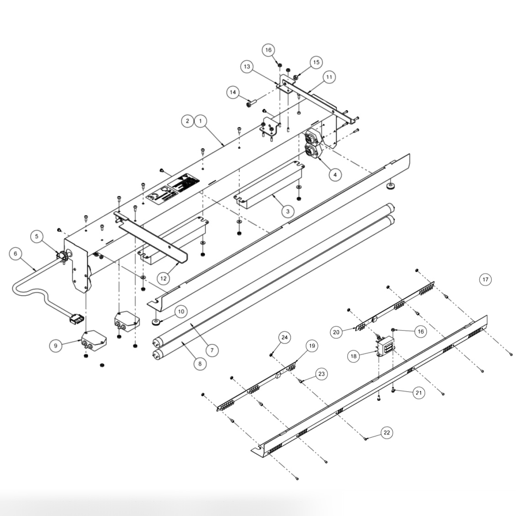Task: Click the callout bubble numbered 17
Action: [485, 279]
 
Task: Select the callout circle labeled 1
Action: [200, 121]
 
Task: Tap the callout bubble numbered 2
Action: [187, 121]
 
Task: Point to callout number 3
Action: [288, 211]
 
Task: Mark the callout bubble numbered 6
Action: [15, 254]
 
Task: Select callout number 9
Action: [56, 346]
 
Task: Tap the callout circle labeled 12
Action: [164, 277]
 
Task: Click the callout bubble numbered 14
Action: [233, 92]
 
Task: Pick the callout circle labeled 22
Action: [387, 432]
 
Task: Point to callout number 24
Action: [284, 337]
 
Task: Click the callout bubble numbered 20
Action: [337, 332]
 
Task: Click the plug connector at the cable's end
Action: [75, 319]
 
